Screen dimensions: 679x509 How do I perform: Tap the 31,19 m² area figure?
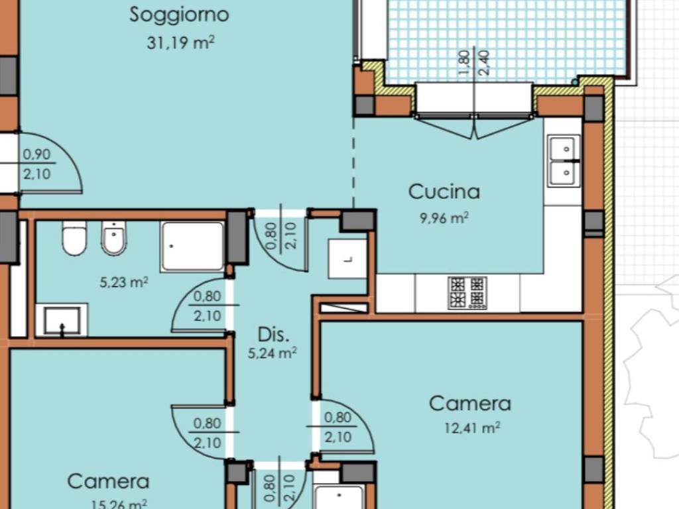click(180, 43)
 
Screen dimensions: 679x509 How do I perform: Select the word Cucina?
click(444, 192)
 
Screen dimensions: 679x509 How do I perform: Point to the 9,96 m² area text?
click(444, 217)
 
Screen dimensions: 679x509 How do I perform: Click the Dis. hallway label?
click(273, 335)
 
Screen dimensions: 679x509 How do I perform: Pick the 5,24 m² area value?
click(273, 353)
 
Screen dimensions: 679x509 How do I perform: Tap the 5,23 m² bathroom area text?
click(124, 282)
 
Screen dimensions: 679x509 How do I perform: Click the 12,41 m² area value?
click(472, 428)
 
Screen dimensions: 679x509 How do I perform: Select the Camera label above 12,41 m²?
click(470, 404)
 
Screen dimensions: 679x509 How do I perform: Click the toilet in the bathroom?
click(74, 238)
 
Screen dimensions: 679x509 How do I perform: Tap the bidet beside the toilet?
click(114, 238)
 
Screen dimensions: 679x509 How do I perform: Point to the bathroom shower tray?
click(192, 247)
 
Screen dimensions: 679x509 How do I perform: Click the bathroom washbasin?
click(62, 320)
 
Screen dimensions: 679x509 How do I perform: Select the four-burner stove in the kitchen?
click(467, 293)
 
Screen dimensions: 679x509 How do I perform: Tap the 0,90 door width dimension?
click(37, 154)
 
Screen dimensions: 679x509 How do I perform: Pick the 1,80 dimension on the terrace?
click(463, 63)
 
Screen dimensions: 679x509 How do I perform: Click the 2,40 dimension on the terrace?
click(484, 63)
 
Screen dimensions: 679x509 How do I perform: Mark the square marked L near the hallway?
click(347, 259)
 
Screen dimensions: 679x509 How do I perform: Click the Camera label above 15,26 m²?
click(108, 482)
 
